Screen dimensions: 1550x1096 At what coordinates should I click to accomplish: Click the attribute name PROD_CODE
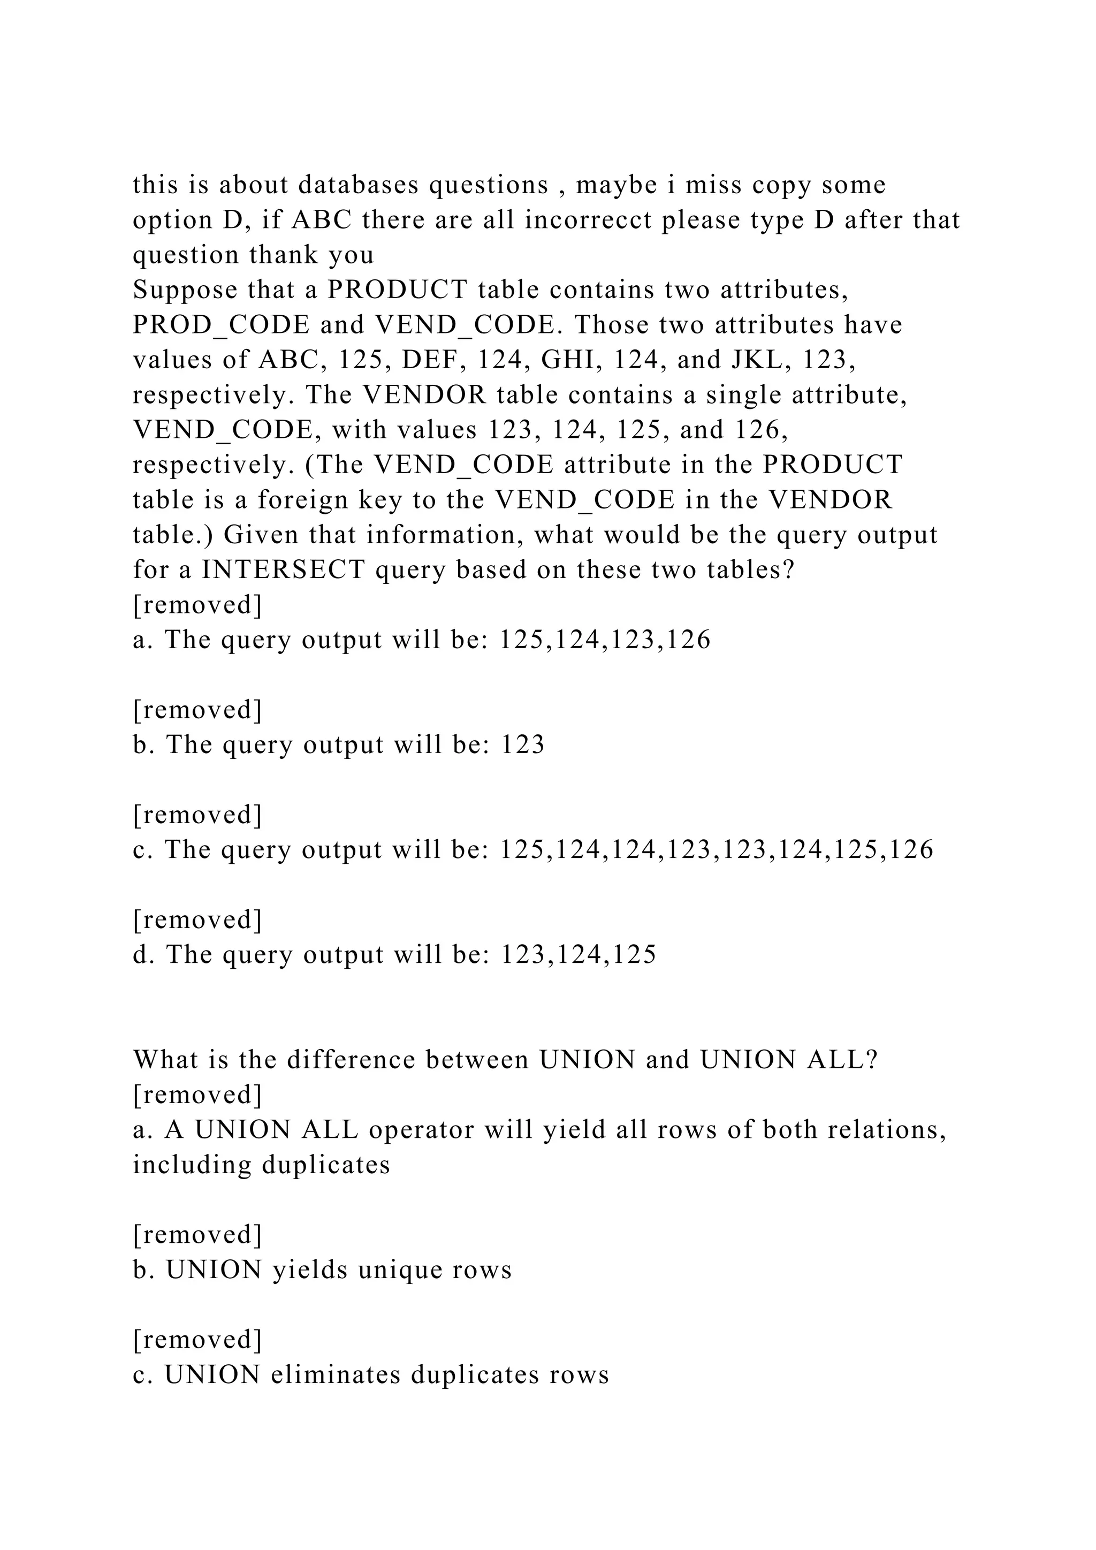220,325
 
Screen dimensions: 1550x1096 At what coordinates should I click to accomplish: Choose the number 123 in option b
522,744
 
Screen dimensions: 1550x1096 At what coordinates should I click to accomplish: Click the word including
192,1165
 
